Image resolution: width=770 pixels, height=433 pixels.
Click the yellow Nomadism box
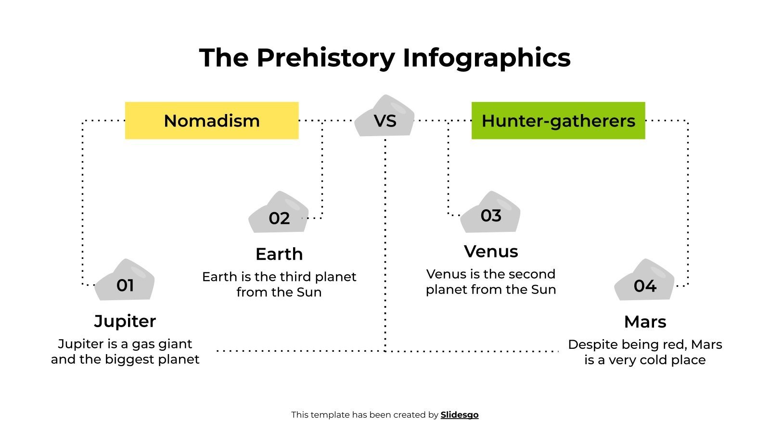coord(212,120)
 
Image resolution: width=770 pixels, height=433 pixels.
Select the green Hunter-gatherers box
coord(558,120)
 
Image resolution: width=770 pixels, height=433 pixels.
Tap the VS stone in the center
coord(385,118)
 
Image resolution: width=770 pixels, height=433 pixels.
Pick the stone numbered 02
coord(279,216)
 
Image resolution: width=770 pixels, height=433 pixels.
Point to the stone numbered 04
coord(644,283)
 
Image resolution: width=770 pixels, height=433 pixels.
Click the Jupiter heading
coord(125,321)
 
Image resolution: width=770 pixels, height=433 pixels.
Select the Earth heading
coord(279,254)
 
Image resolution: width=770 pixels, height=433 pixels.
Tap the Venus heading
coord(491,251)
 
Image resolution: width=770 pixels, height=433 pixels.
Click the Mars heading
coord(645,321)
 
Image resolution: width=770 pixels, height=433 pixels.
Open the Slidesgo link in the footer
coord(460,415)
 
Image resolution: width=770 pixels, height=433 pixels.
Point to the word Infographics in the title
coord(487,58)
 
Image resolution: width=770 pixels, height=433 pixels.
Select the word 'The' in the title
coord(224,58)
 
